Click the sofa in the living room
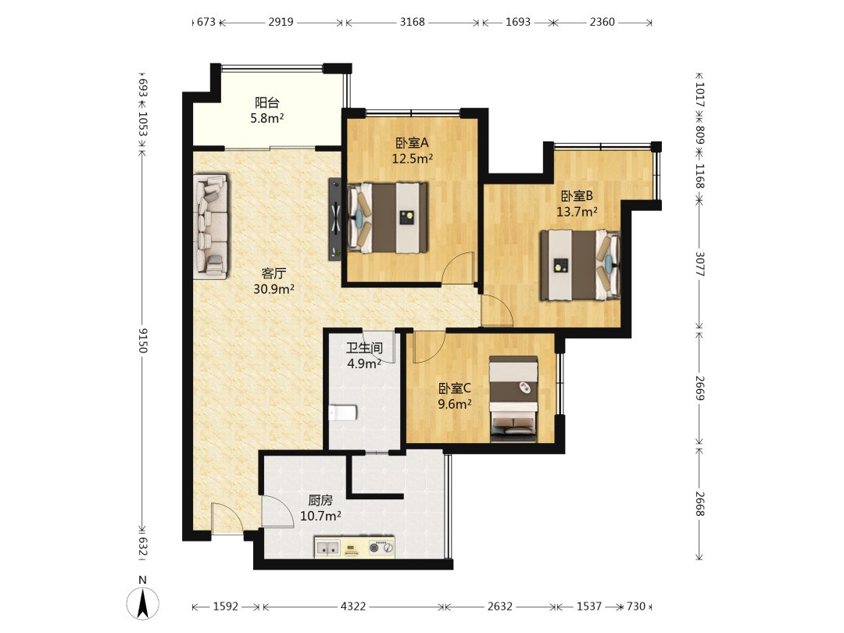210,226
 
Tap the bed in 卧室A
388,217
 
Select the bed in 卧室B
580,264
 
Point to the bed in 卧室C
513,399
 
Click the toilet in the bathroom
342,413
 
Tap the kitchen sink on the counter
327,548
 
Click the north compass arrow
143,604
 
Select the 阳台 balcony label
267,102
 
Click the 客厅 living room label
274,274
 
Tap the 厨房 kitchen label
320,500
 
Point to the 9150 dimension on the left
143,340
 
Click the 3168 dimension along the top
413,22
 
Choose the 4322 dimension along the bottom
353,606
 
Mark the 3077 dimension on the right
699,264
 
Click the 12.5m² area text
413,159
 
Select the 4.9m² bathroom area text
364,364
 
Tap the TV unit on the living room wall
335,219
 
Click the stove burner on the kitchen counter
374,548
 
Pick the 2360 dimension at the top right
602,22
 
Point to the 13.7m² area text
577,212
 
